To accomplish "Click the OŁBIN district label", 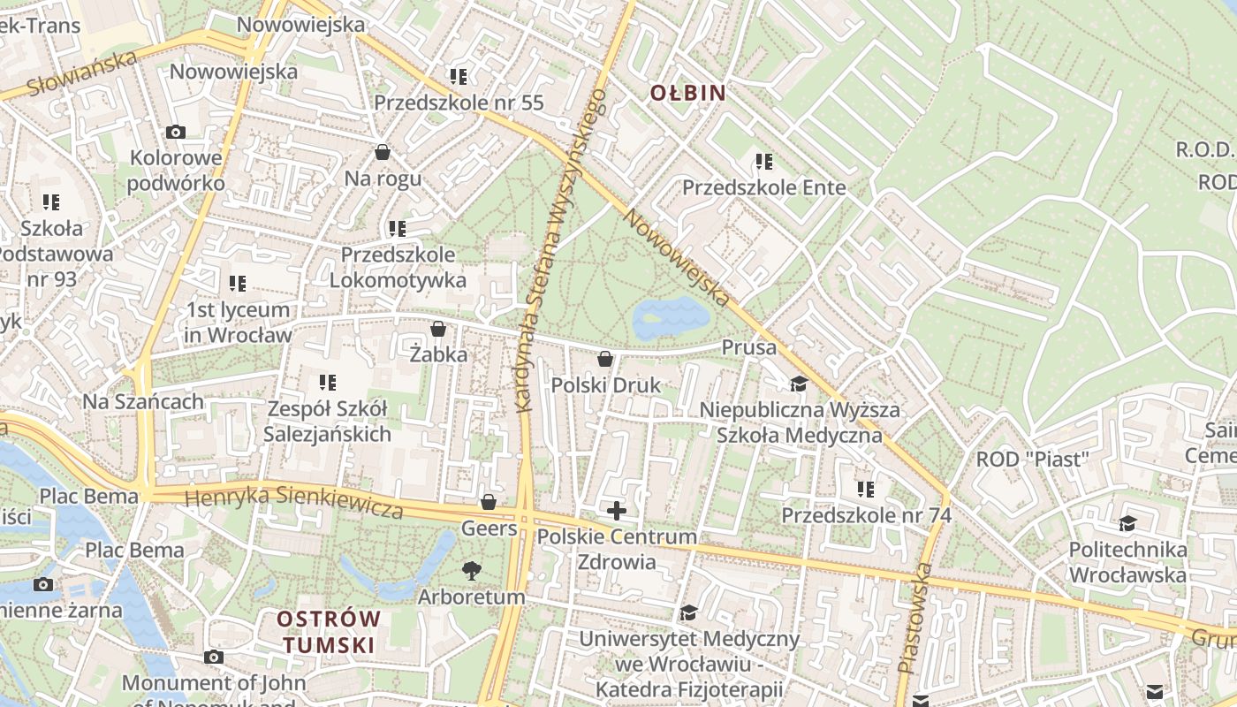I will (x=687, y=93).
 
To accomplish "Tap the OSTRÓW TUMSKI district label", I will (x=329, y=631).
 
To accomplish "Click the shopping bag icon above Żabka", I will (x=437, y=330).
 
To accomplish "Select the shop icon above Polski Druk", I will (x=605, y=359).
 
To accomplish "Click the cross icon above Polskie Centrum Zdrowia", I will (x=616, y=510).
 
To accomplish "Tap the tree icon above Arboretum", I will (x=472, y=571).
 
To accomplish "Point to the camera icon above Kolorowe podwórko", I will (x=176, y=133).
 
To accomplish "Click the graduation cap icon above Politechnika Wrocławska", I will (x=1127, y=524).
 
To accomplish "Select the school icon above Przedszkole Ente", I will (x=764, y=162).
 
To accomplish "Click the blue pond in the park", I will (x=672, y=318).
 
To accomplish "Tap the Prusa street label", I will (x=748, y=347).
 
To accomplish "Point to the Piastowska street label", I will (x=914, y=619).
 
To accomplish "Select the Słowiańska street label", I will (x=82, y=73).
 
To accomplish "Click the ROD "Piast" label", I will (x=1032, y=460).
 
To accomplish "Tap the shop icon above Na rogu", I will (x=383, y=152).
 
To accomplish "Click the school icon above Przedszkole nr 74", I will (x=865, y=489).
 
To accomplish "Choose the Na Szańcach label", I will (x=143, y=401).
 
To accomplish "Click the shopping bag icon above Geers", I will (x=489, y=503).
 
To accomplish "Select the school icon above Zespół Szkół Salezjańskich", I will (x=328, y=383).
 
